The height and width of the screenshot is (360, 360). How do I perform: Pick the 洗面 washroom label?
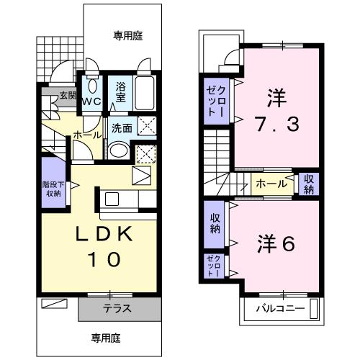click(x=122, y=128)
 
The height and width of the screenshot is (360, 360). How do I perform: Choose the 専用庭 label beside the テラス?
click(x=105, y=337)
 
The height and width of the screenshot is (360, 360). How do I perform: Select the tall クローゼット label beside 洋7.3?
click(x=215, y=104)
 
